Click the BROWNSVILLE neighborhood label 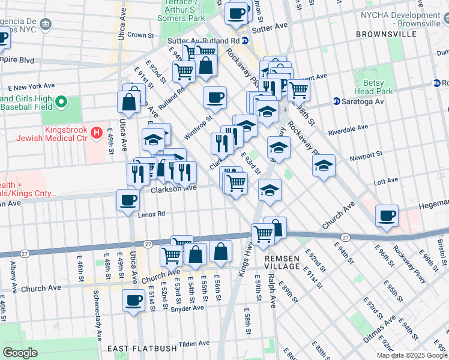click(x=385, y=34)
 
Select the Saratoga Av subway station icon click(x=337, y=101)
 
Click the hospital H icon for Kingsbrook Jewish click(x=95, y=131)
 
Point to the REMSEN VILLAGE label click(x=282, y=261)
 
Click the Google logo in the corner click(x=20, y=353)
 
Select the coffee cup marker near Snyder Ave click(x=133, y=300)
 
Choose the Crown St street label click(x=141, y=35)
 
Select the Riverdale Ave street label click(x=347, y=131)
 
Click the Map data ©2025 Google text click(x=411, y=355)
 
